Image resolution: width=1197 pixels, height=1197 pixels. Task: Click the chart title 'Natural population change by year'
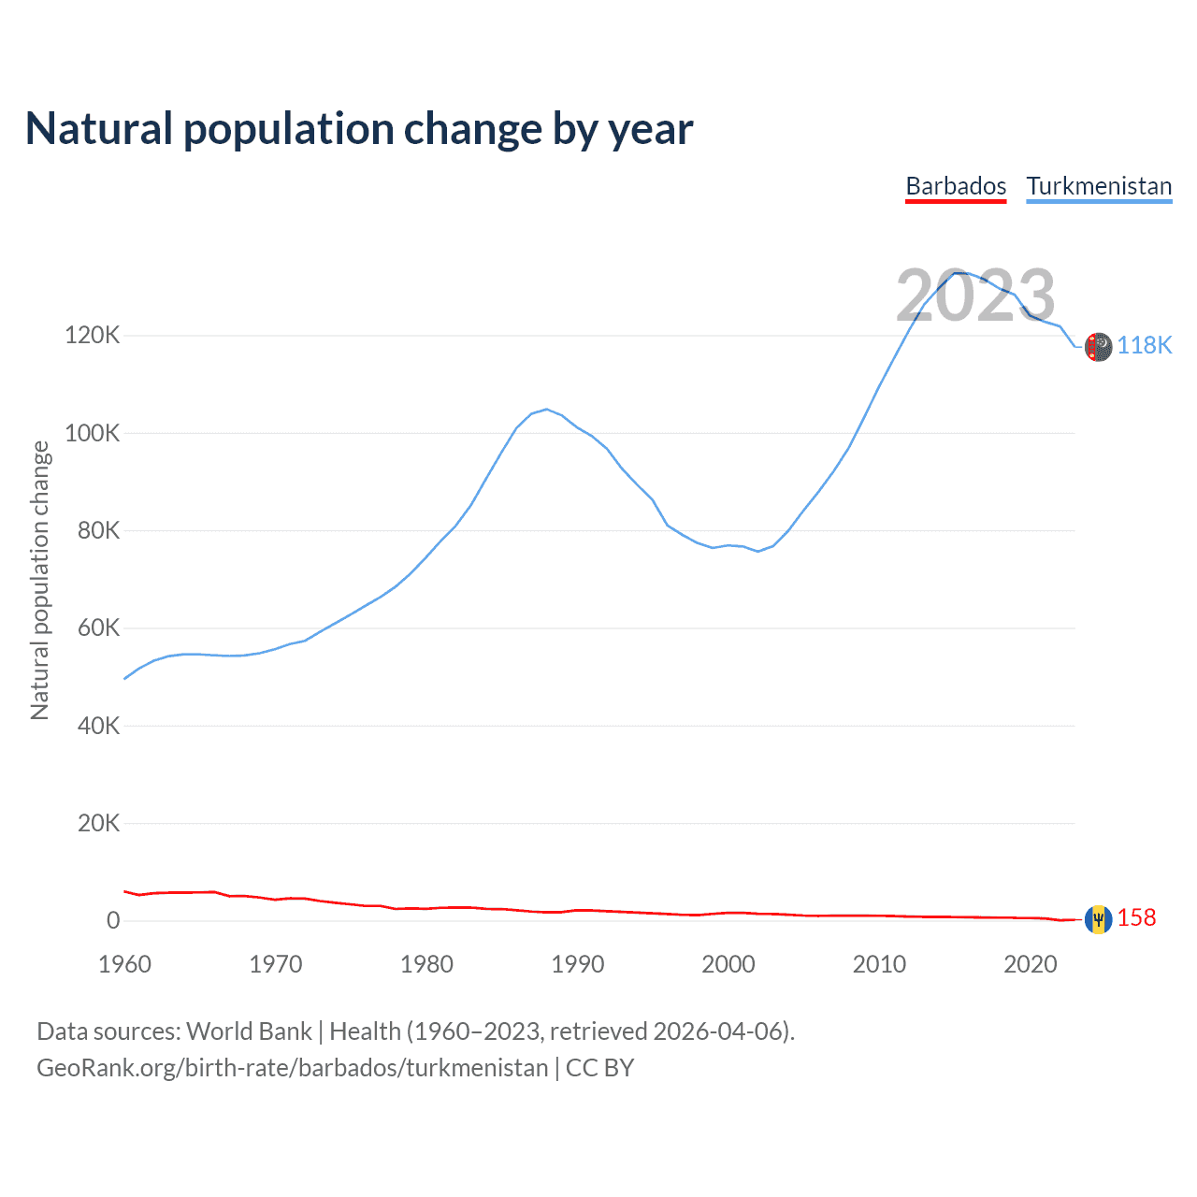pos(359,129)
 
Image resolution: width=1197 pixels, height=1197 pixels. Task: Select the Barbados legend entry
pos(956,186)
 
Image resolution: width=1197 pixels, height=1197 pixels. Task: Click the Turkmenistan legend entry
pos(1099,186)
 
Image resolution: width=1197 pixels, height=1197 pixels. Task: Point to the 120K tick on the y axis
pos(92,335)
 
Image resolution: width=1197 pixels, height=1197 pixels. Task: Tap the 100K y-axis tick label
pos(92,433)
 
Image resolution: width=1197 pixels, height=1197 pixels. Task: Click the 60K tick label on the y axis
pos(98,627)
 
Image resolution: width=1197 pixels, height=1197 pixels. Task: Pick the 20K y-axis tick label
pos(98,823)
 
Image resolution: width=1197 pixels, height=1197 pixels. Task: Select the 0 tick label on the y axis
pos(113,920)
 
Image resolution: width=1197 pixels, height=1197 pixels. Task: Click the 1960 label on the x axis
pos(124,964)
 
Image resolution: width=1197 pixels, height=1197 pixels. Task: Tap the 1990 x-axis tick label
pos(577,964)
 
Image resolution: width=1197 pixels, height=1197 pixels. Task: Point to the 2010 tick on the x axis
pos(879,964)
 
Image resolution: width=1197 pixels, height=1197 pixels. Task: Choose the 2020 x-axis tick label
pos(1030,964)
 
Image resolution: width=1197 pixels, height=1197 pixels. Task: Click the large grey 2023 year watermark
pos(975,296)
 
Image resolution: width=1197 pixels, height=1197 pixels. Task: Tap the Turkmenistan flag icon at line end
pos(1099,347)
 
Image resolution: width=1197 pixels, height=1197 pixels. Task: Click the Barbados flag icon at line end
pos(1098,919)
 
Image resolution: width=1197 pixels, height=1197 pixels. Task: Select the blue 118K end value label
pos(1145,346)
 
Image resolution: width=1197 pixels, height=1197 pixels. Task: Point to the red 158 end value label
pos(1137,918)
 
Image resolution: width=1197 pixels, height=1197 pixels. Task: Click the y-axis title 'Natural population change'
pos(40,581)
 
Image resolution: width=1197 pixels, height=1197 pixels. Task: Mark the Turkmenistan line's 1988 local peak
pos(547,409)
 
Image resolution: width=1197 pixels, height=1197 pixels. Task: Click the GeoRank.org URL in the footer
pos(292,1068)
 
